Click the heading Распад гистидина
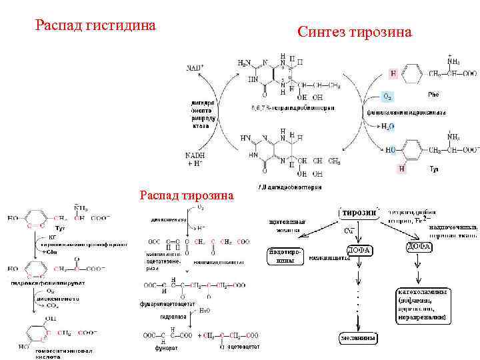click(x=95, y=26)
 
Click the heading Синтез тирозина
click(x=355, y=32)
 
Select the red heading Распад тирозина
click(x=187, y=195)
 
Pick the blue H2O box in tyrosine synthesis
click(x=387, y=126)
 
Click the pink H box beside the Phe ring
click(x=393, y=73)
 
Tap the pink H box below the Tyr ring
click(x=401, y=169)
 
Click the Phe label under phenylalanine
click(x=433, y=94)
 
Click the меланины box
click(x=359, y=338)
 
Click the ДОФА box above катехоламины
click(x=419, y=247)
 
